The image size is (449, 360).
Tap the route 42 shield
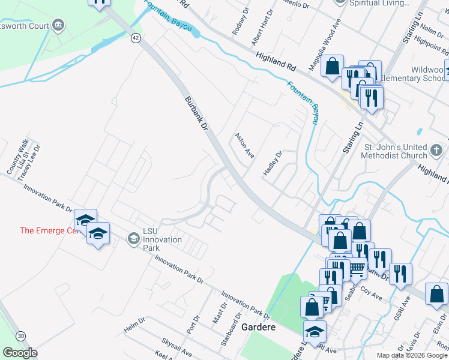pyautogui.click(x=137, y=38)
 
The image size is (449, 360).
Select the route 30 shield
pyautogui.click(x=21, y=335)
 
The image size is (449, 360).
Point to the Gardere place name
pyautogui.click(x=258, y=328)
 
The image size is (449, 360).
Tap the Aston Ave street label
pyautogui.click(x=245, y=145)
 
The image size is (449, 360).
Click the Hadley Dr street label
pyautogui.click(x=273, y=164)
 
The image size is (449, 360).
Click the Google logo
pyautogui.click(x=20, y=353)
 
